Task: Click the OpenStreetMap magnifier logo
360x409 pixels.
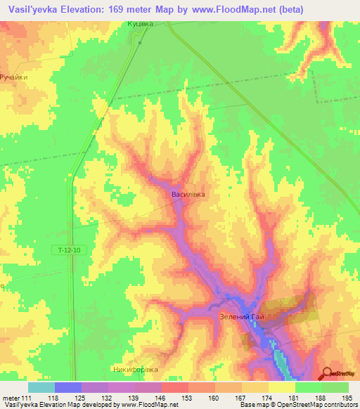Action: coord(327,372)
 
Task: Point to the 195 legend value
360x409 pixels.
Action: coord(349,398)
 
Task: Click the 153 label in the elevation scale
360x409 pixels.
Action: coord(188,398)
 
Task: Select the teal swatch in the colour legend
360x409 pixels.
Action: coord(41,387)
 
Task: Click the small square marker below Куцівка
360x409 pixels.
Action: coord(140,41)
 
